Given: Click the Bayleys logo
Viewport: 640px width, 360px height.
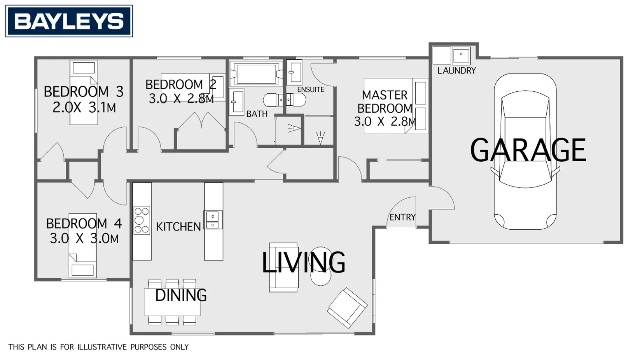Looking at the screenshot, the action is pos(69,21).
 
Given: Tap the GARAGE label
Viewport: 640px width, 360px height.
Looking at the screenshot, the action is pos(528,150).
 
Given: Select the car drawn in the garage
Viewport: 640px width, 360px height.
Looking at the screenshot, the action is pos(525,152).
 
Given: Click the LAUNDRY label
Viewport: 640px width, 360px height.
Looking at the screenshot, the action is pos(456,71).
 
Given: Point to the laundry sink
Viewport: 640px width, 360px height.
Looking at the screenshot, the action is pos(461,56).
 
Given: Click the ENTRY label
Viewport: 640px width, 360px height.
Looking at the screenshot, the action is pos(402,217).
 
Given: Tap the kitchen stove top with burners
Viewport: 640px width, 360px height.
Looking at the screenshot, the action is pos(142,220).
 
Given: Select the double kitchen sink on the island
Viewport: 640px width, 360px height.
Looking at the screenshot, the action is pos(213,220).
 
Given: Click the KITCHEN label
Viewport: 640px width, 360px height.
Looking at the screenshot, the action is pos(178,227).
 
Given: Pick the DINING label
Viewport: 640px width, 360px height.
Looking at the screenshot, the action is pos(181,295).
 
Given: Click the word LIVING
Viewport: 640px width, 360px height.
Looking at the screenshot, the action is pos(303,262).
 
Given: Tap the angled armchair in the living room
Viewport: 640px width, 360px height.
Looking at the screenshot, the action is pos(347,308).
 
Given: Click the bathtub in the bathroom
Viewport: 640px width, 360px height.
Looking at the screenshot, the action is pos(256,73).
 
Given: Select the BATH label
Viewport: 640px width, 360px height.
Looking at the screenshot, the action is pos(257,114).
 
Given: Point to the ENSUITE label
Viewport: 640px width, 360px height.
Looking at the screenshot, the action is pos(311,90).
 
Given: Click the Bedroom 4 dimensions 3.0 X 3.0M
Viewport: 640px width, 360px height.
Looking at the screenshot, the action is pos(84,239).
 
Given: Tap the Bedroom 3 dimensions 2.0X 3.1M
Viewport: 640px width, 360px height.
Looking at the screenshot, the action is pos(84,108).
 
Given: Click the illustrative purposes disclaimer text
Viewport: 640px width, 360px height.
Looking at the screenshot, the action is pos(99,347).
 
